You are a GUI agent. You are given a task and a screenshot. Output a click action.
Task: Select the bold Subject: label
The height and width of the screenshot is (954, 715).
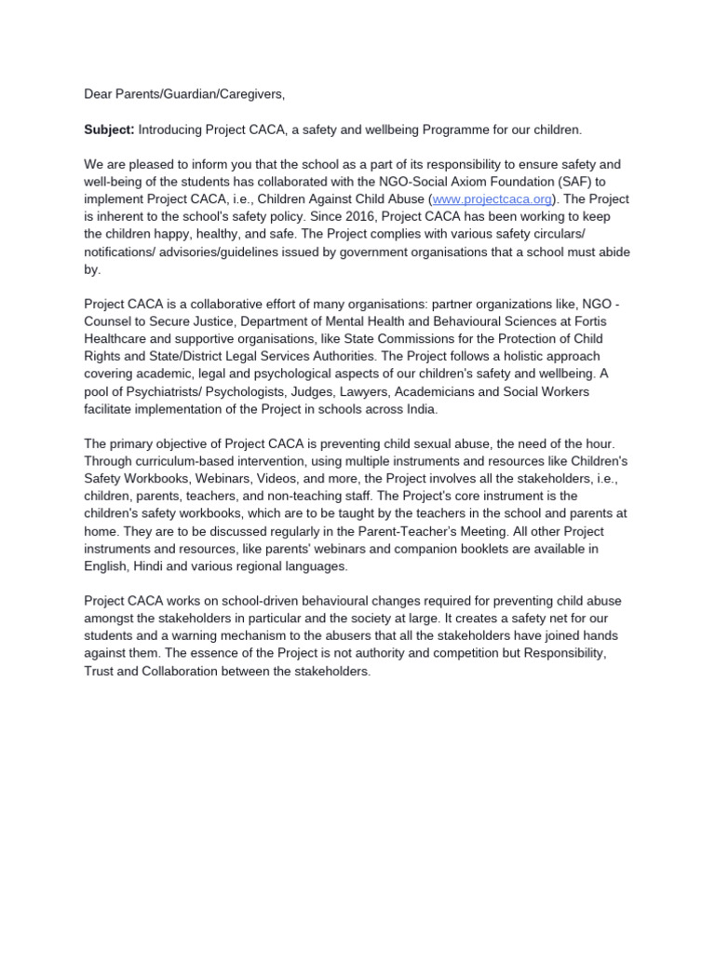tap(109, 129)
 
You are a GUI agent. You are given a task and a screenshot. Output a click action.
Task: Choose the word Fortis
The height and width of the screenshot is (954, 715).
tap(612, 321)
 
